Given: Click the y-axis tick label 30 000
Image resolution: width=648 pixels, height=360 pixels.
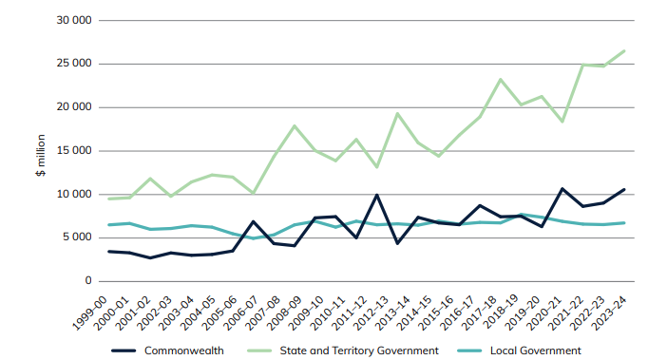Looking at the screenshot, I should [73, 20].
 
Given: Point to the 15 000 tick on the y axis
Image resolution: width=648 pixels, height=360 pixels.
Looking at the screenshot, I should [73, 150].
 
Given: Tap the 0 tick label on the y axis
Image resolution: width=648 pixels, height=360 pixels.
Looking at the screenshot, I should [88, 281].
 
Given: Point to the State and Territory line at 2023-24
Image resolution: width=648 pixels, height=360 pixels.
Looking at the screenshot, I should [624, 50].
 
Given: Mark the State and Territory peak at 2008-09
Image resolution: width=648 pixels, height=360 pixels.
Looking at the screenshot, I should [295, 125].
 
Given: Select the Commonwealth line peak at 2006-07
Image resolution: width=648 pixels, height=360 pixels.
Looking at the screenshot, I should [254, 221].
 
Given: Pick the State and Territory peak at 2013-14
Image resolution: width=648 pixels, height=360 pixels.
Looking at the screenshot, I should [398, 113].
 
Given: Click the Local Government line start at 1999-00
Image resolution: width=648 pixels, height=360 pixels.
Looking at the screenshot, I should [109, 225].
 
